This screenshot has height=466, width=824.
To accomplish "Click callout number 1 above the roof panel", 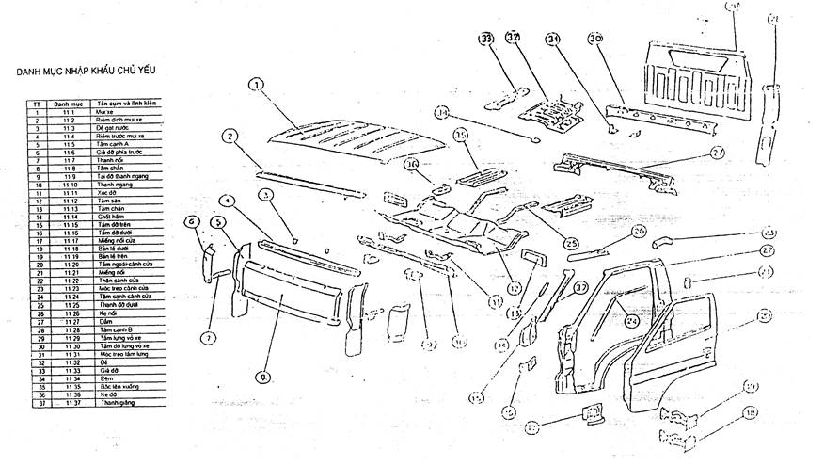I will coord(255,85).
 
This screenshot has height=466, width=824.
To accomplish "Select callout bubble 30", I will coord(595,39).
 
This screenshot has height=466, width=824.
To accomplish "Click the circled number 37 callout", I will coord(580,287).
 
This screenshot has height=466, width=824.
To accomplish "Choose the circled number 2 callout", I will coord(228,137).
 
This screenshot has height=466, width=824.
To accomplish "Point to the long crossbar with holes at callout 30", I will coord(658,117).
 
